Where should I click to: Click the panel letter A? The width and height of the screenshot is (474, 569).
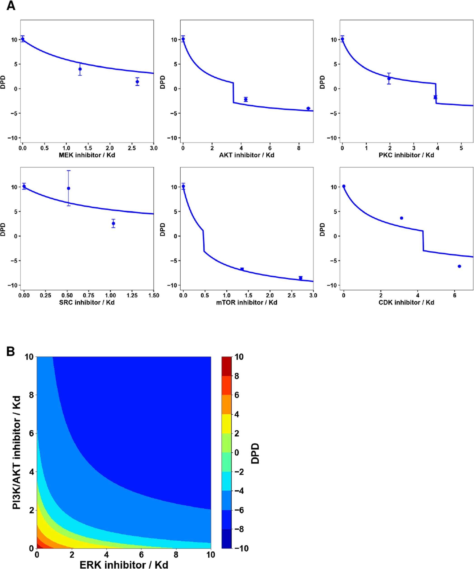(11, 6)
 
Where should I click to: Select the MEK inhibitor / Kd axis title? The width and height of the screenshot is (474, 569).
(87, 155)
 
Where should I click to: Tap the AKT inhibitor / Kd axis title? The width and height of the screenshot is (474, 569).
(247, 155)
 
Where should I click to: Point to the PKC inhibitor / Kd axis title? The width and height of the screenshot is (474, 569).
(406, 155)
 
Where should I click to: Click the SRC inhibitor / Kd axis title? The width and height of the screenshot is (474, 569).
(87, 302)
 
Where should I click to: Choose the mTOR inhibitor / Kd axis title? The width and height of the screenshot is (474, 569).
(247, 302)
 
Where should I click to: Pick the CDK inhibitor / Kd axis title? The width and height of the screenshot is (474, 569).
(406, 302)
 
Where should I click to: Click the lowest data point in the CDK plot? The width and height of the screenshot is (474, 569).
(459, 266)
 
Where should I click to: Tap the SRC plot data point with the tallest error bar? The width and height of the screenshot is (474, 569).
(68, 188)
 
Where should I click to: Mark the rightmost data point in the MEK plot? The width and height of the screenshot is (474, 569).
(137, 82)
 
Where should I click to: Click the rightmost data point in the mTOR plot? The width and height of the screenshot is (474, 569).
(300, 278)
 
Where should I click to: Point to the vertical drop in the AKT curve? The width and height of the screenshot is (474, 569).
(233, 93)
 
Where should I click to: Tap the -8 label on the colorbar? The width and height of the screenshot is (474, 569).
(239, 529)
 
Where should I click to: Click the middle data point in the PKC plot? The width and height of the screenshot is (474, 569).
(389, 79)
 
